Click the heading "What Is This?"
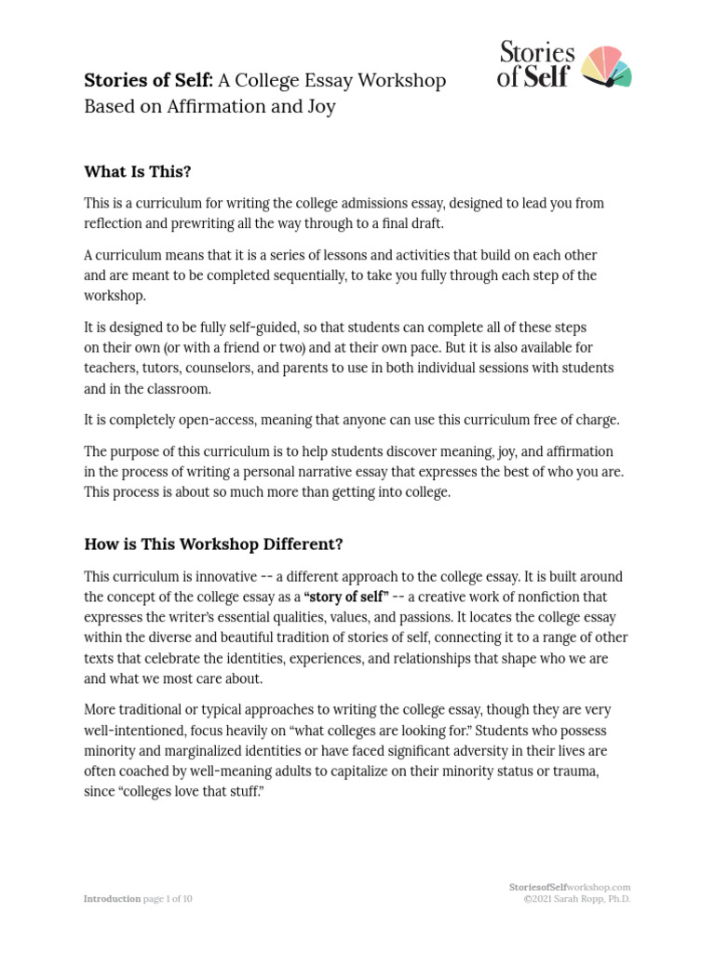pyautogui.click(x=137, y=171)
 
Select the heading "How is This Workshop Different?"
pyautogui.click(x=214, y=544)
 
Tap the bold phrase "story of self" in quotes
pyautogui.click(x=346, y=597)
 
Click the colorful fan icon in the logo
pyautogui.click(x=606, y=67)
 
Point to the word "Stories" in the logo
pyautogui.click(x=537, y=53)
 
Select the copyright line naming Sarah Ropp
pyautogui.click(x=576, y=899)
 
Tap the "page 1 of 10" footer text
pyautogui.click(x=167, y=899)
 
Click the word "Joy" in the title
pyautogui.click(x=319, y=106)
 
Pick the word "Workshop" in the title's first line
pyautogui.click(x=396, y=81)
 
